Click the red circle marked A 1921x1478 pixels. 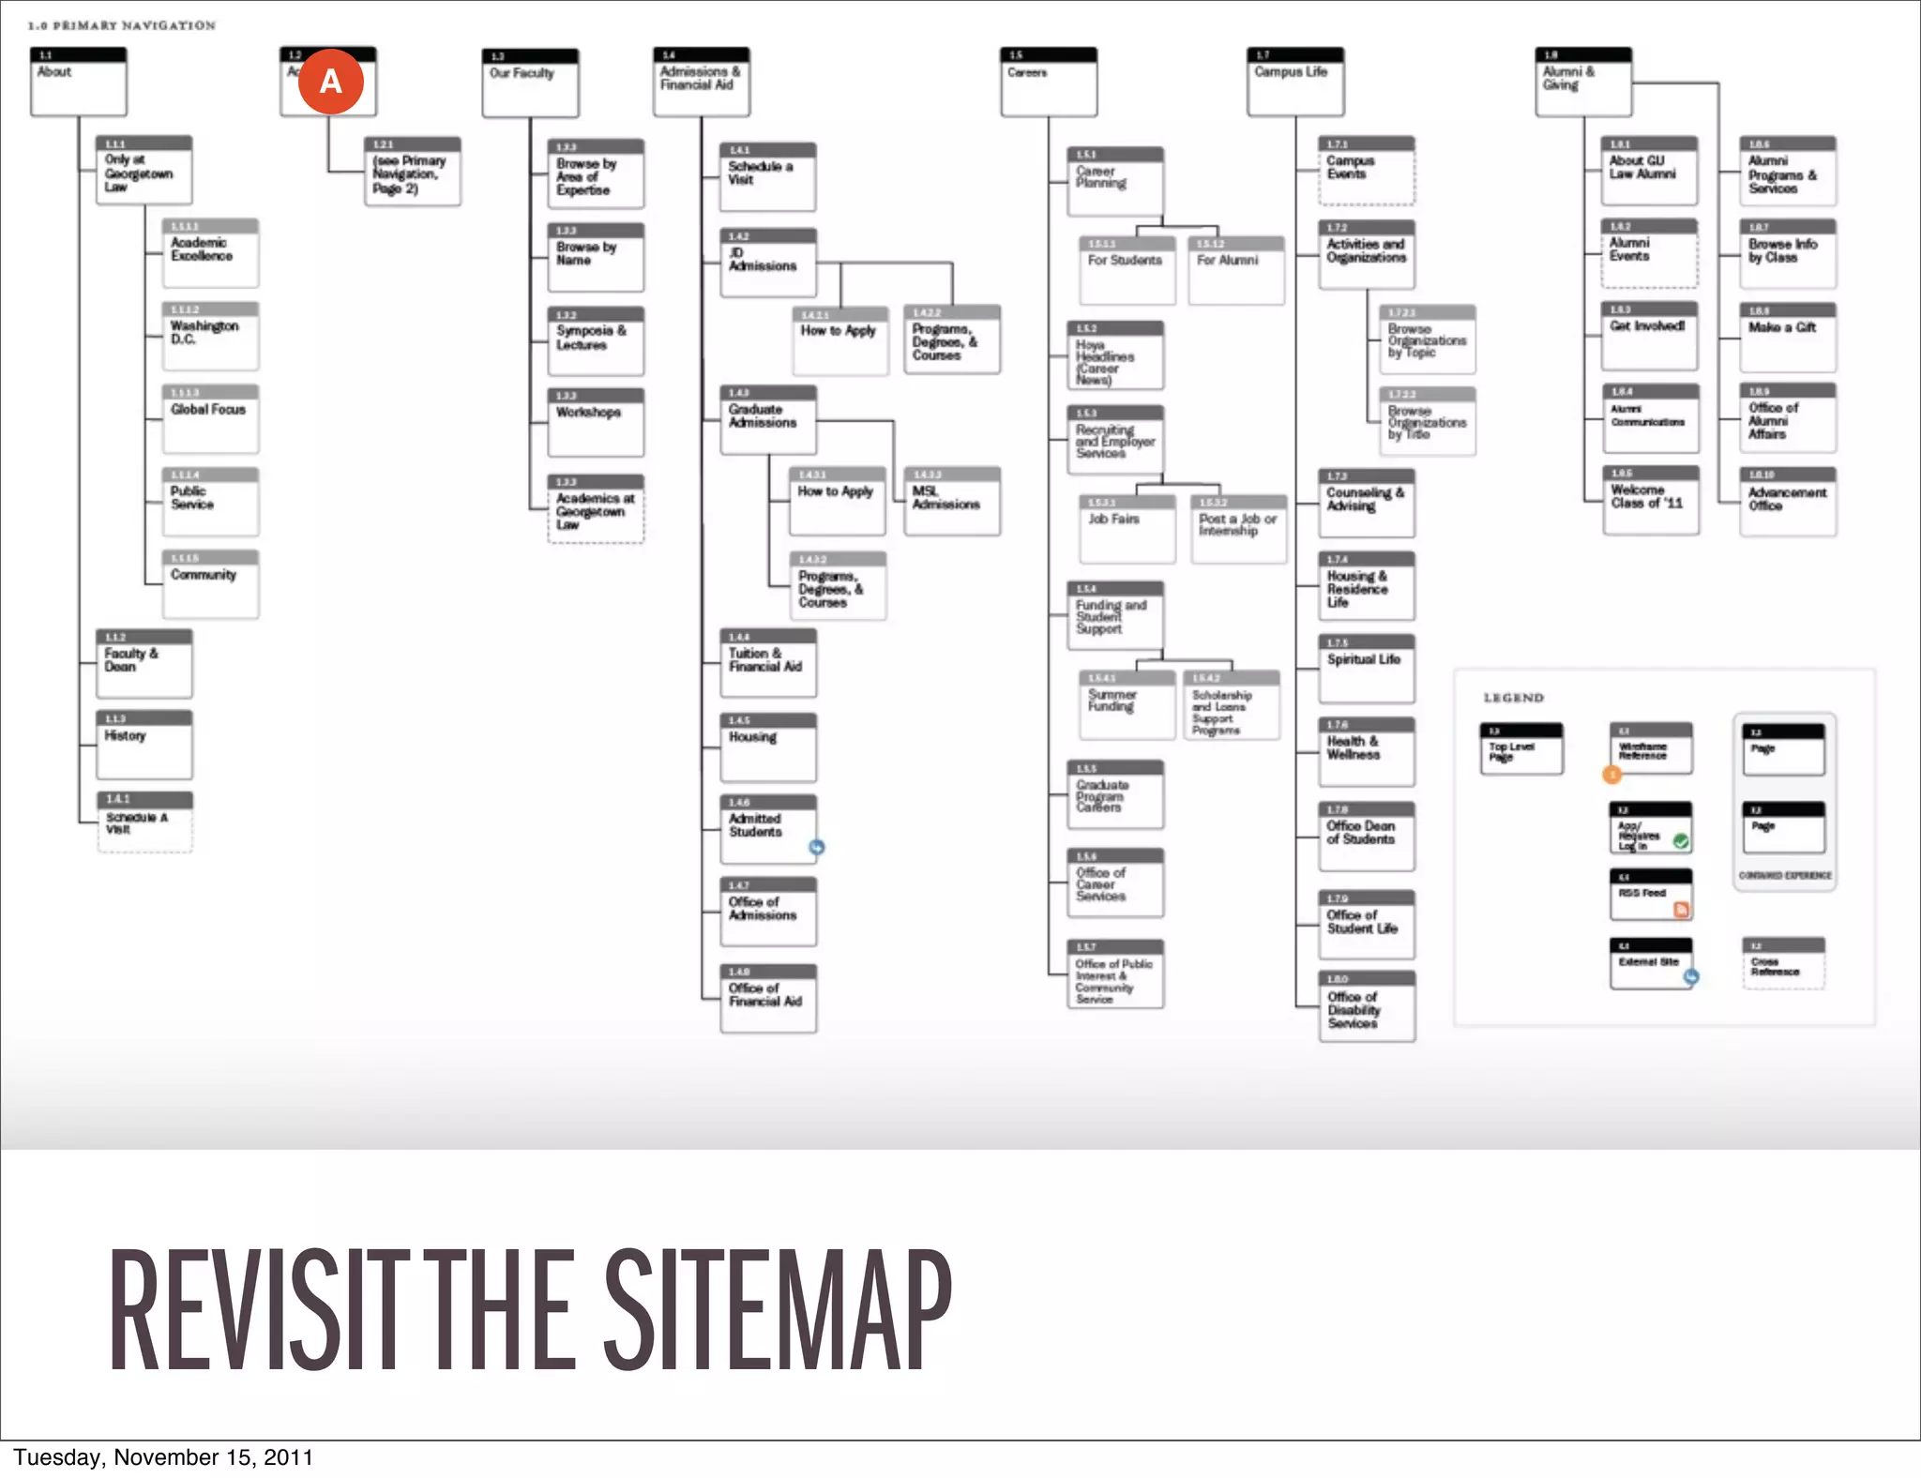point(330,82)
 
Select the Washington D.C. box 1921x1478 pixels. point(210,336)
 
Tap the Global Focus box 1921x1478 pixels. point(210,418)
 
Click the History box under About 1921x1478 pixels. point(144,745)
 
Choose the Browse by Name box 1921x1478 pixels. point(596,257)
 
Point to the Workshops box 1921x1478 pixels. point(596,422)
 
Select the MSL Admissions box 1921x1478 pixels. point(952,501)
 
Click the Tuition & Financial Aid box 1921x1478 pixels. point(768,663)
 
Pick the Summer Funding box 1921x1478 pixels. point(1127,704)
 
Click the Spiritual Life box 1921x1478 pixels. point(1367,669)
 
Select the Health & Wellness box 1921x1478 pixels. point(1367,751)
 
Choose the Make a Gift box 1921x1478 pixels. point(1788,337)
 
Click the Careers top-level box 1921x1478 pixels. point(1049,82)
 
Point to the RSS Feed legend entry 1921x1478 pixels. point(1651,895)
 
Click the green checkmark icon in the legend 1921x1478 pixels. point(1681,841)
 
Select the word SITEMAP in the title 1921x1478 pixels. point(778,1310)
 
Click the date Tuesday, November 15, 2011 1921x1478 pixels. point(163,1457)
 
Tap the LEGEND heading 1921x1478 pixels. point(1513,698)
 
